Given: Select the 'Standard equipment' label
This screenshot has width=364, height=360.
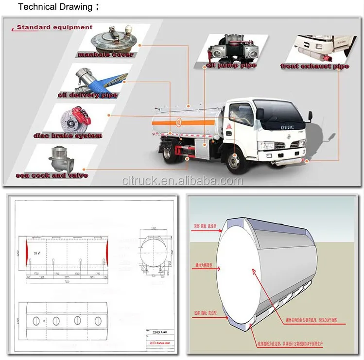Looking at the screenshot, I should point(54,27).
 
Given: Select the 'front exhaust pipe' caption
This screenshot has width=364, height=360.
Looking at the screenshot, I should point(314,67).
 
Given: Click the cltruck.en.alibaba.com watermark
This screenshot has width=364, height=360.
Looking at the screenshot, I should point(182,181).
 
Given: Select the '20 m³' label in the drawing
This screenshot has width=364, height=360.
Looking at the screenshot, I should point(37,253).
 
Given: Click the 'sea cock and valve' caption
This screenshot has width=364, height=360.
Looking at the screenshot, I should point(52,175).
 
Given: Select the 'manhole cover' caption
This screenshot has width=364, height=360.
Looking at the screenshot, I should point(105,55).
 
